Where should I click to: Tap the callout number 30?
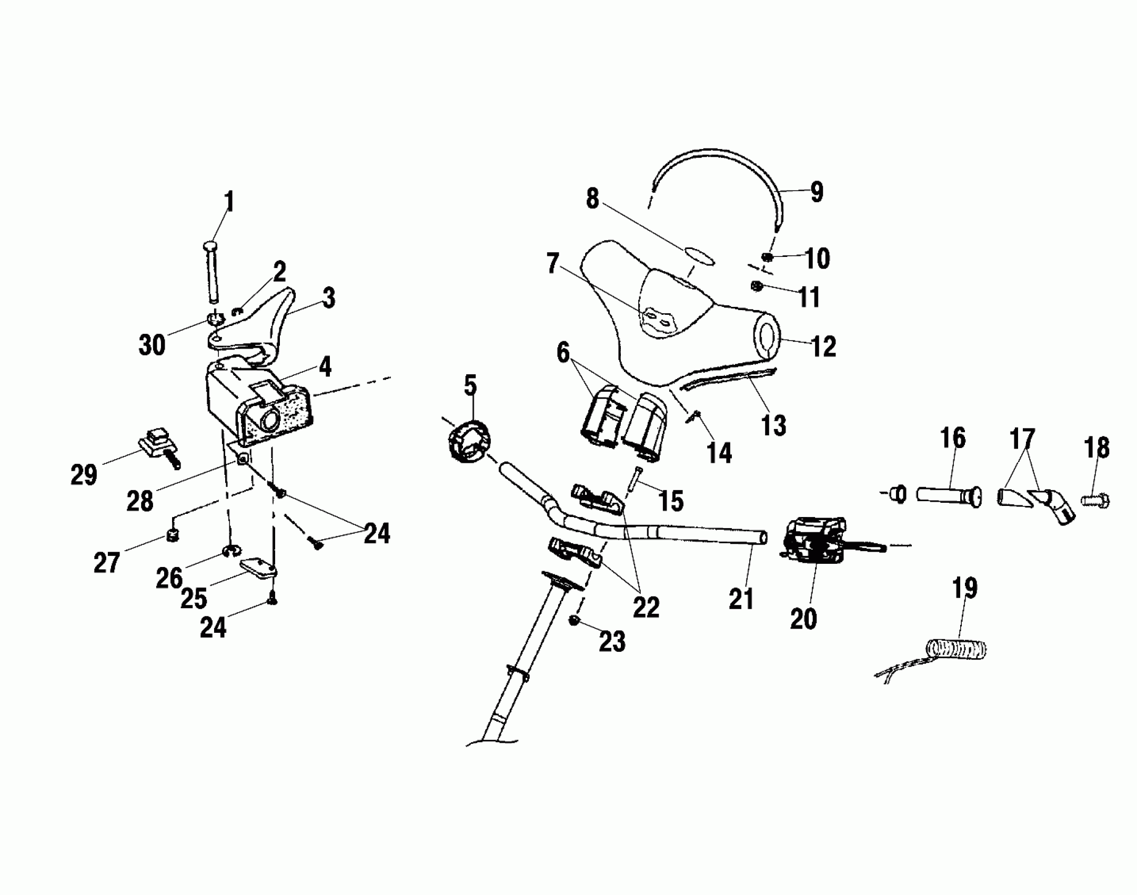tap(152, 345)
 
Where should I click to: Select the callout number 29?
tap(84, 475)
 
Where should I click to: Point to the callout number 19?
tap(964, 589)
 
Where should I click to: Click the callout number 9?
tap(816, 193)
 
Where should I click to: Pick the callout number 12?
tap(823, 347)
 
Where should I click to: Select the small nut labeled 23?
tap(574, 621)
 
